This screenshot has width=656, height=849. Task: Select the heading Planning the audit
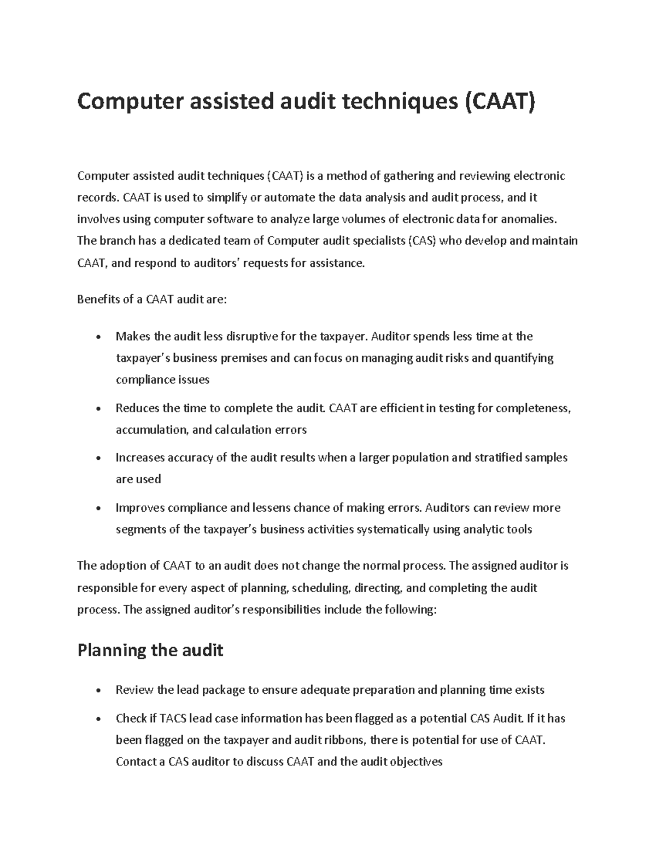tap(150, 650)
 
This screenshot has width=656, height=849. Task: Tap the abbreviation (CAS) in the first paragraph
tap(422, 241)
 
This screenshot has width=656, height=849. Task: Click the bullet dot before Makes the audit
tap(98, 337)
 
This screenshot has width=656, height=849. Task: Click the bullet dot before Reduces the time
tap(98, 409)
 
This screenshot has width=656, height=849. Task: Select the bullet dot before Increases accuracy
tap(98, 458)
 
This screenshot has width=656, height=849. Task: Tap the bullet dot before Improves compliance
tap(98, 508)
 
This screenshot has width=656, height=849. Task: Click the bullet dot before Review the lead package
tap(98, 690)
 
